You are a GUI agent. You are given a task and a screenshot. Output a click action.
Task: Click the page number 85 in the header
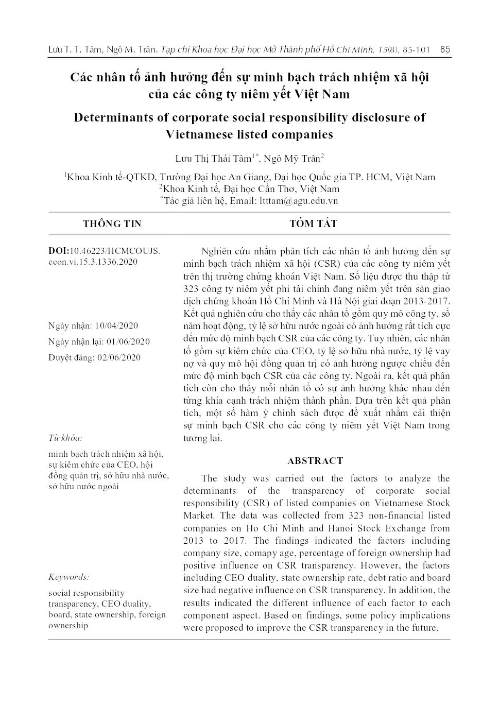tap(445, 49)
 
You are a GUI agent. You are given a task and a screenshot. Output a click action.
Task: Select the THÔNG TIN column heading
tap(112, 224)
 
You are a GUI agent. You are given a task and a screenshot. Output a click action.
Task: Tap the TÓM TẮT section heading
tap(313, 223)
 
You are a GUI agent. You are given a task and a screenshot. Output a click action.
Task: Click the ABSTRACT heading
tap(315, 461)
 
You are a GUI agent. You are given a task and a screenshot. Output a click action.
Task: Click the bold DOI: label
tap(59, 251)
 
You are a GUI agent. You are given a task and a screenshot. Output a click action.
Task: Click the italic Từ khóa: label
tap(65, 438)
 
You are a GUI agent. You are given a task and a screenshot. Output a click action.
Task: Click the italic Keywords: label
tap(68, 577)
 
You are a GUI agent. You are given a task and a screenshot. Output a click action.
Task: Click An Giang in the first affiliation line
tap(249, 177)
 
